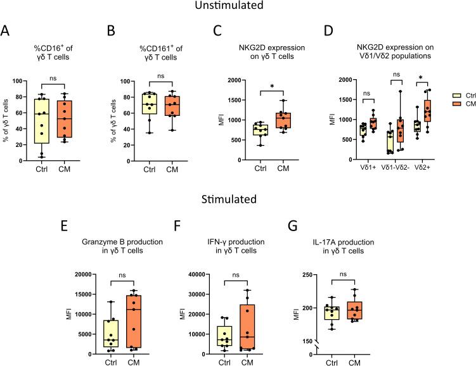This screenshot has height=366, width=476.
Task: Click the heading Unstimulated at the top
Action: (x=238, y=7)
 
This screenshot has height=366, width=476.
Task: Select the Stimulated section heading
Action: (x=238, y=203)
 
